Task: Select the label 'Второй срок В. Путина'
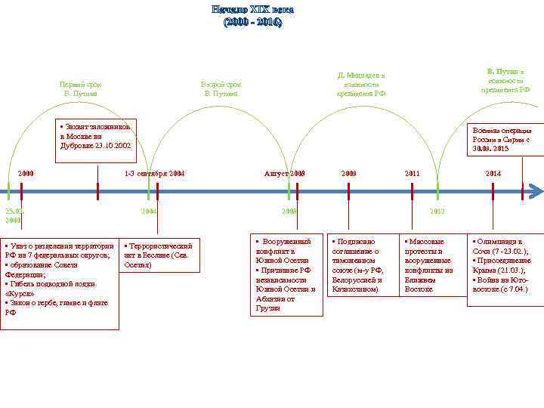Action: click(221, 88)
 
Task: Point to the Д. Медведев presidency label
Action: click(361, 85)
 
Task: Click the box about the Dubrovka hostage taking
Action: click(97, 136)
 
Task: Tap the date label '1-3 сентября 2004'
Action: click(154, 174)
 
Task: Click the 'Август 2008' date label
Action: click(284, 174)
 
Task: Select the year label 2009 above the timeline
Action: click(348, 174)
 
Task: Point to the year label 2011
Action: click(412, 174)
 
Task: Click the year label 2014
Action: click(493, 174)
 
